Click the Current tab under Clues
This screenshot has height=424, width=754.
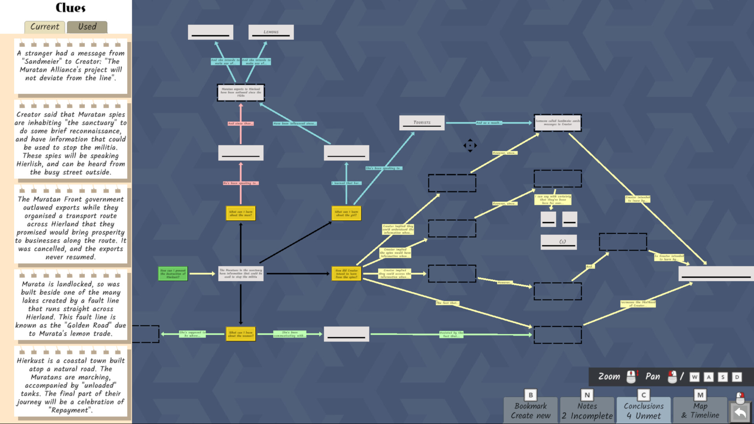pos(45,27)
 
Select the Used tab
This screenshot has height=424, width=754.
pos(87,27)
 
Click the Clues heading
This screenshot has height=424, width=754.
pos(70,8)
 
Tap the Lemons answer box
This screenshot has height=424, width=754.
pos(271,32)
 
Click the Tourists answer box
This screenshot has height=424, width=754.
pos(422,122)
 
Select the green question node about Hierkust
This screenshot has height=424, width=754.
pos(173,274)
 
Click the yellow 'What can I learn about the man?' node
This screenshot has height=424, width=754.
pos(241,213)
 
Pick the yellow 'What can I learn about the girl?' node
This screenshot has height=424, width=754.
pos(346,213)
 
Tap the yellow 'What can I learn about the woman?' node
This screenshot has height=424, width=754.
pos(241,334)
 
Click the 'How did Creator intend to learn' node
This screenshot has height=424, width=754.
pos(346,274)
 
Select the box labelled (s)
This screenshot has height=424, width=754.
pos(558,242)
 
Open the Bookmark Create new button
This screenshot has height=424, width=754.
pos(531,410)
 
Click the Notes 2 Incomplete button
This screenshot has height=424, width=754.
pos(587,410)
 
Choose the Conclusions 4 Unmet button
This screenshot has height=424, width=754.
pos(644,410)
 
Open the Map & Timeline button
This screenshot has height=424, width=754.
pos(700,410)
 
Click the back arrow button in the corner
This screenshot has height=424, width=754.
pos(740,413)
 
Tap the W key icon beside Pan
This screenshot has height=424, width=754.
pos(695,377)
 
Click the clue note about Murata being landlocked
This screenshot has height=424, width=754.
pos(71,308)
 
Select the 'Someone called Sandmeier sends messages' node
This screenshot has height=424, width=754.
pos(558,122)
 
